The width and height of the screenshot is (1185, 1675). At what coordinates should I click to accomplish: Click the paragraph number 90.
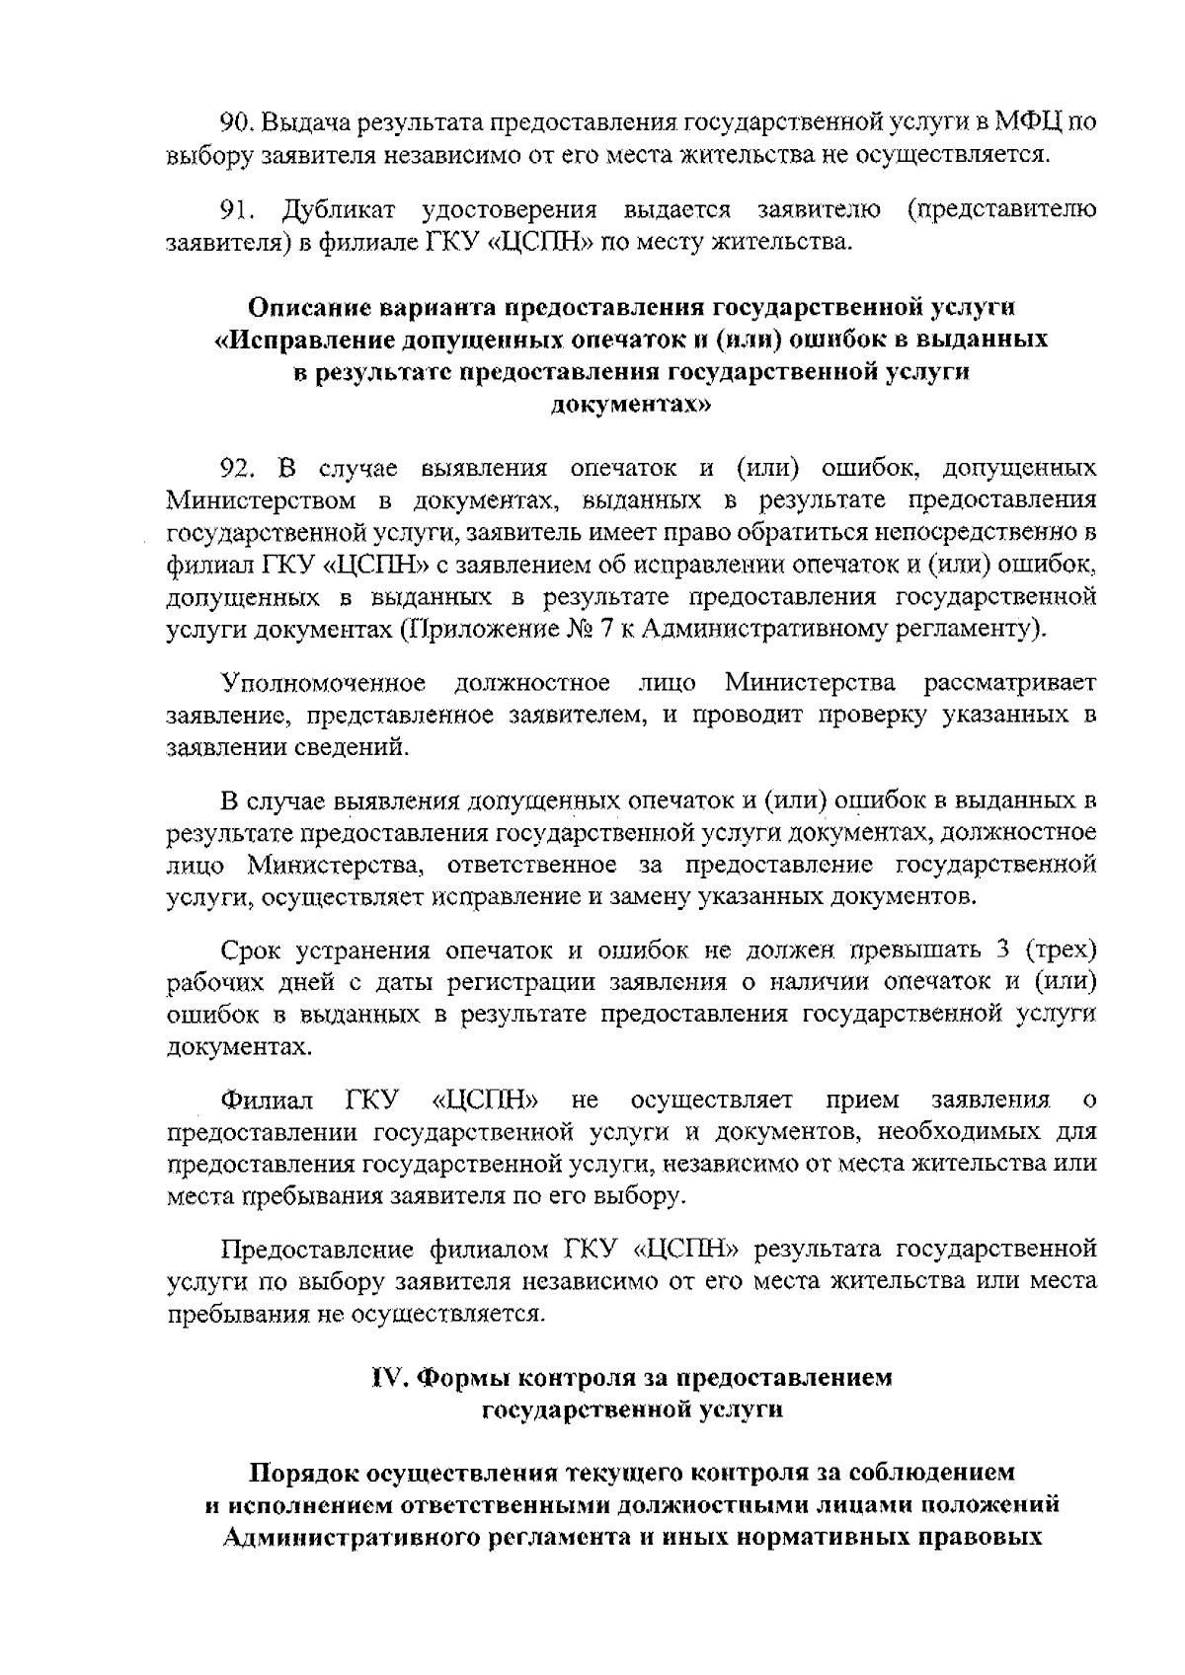tap(236, 123)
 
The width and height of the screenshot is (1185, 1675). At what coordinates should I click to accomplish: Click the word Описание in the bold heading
tap(306, 306)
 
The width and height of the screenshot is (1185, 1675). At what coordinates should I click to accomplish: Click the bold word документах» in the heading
tap(629, 404)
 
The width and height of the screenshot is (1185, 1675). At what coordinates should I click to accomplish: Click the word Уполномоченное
tap(323, 683)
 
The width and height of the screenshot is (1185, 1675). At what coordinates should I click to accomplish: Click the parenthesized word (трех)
tap(1061, 951)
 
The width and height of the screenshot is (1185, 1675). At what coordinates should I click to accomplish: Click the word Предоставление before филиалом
tap(316, 1250)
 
